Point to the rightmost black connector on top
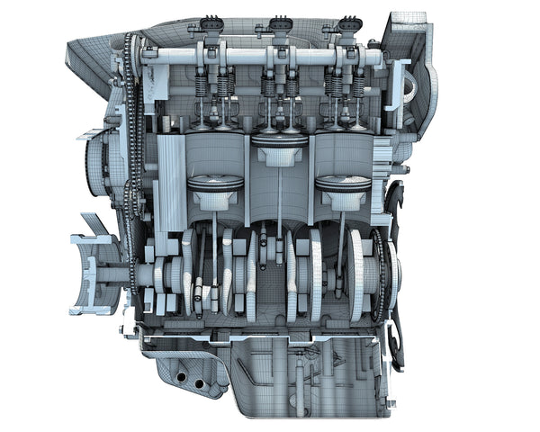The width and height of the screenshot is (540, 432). tap(348, 24)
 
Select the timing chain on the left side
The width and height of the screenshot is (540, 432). tap(135, 135)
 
